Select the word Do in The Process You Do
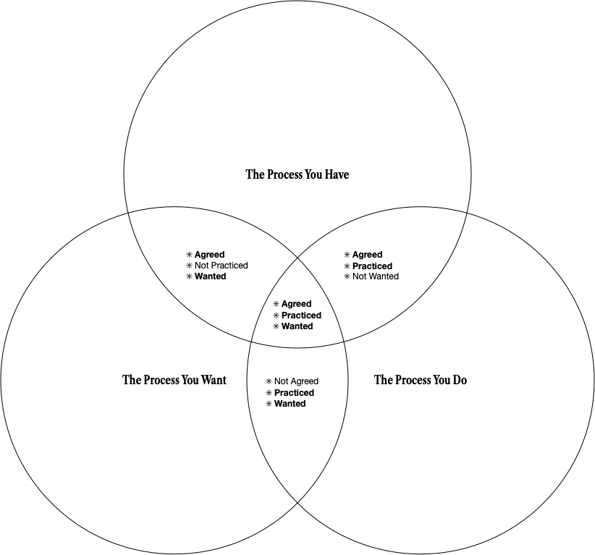(460, 380)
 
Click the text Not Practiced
(221, 266)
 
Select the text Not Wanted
(375, 276)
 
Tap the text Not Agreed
(296, 381)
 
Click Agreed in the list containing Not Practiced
(209, 255)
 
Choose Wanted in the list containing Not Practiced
(210, 276)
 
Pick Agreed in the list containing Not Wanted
(367, 255)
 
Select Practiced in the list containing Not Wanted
(372, 266)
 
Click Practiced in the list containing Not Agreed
(294, 393)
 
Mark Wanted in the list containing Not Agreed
(290, 404)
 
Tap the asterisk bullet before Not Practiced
(190, 266)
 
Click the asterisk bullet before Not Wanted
(347, 276)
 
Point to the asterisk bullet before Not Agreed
(269, 381)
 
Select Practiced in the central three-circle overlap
(301, 315)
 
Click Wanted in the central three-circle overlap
(297, 326)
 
